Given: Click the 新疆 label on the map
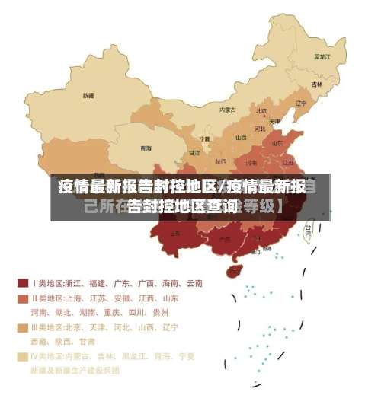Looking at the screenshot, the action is (x=89, y=96).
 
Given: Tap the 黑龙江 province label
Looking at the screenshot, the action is (x=322, y=56).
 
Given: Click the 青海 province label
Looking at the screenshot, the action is (x=146, y=148).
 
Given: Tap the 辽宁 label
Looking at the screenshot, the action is (x=300, y=103).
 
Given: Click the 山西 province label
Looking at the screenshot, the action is (x=242, y=138).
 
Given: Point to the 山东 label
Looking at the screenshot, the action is (x=278, y=142).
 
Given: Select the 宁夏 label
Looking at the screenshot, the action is (x=204, y=139).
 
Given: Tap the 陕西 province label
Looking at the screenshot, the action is (x=221, y=161).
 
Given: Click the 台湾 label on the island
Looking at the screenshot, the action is (x=309, y=227).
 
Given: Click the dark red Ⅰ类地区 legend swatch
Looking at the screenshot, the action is (x=23, y=283).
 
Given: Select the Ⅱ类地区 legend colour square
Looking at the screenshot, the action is (x=23, y=298).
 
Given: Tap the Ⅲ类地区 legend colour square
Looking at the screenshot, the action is (x=23, y=327).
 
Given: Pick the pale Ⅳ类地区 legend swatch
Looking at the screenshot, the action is (x=23, y=356).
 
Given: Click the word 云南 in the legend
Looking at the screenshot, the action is (x=194, y=283).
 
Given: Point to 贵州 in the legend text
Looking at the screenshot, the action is (x=160, y=313).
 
